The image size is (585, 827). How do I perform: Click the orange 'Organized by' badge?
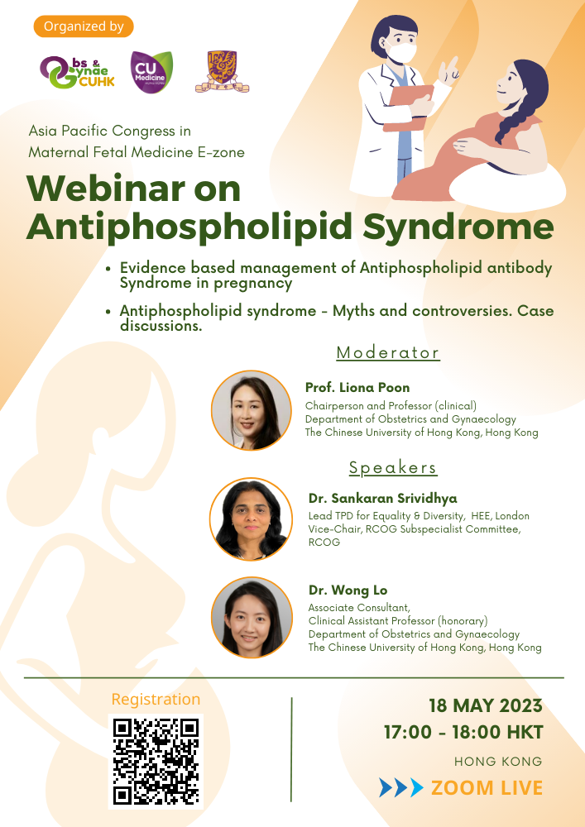click(84, 26)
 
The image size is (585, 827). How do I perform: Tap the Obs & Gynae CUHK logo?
click(77, 72)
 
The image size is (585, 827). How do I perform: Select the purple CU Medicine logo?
click(151, 72)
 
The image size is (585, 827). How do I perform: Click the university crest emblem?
click(222, 72)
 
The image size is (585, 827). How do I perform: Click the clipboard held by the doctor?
click(408, 108)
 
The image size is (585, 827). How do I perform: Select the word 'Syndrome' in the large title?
click(458, 227)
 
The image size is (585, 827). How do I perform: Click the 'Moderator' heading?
click(388, 352)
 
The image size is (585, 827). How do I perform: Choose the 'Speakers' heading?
click(393, 467)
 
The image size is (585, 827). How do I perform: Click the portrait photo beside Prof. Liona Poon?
click(251, 410)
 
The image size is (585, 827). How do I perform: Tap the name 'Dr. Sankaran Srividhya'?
click(383, 499)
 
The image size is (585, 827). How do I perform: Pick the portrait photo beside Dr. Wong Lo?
click(251, 618)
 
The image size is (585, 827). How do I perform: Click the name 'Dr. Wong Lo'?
click(348, 590)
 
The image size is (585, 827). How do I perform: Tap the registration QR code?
click(156, 761)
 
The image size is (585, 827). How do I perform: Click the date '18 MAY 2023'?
click(486, 705)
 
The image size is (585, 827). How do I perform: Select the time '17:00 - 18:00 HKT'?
click(463, 732)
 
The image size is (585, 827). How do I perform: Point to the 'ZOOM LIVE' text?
click(487, 788)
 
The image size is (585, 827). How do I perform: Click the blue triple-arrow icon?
click(401, 787)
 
